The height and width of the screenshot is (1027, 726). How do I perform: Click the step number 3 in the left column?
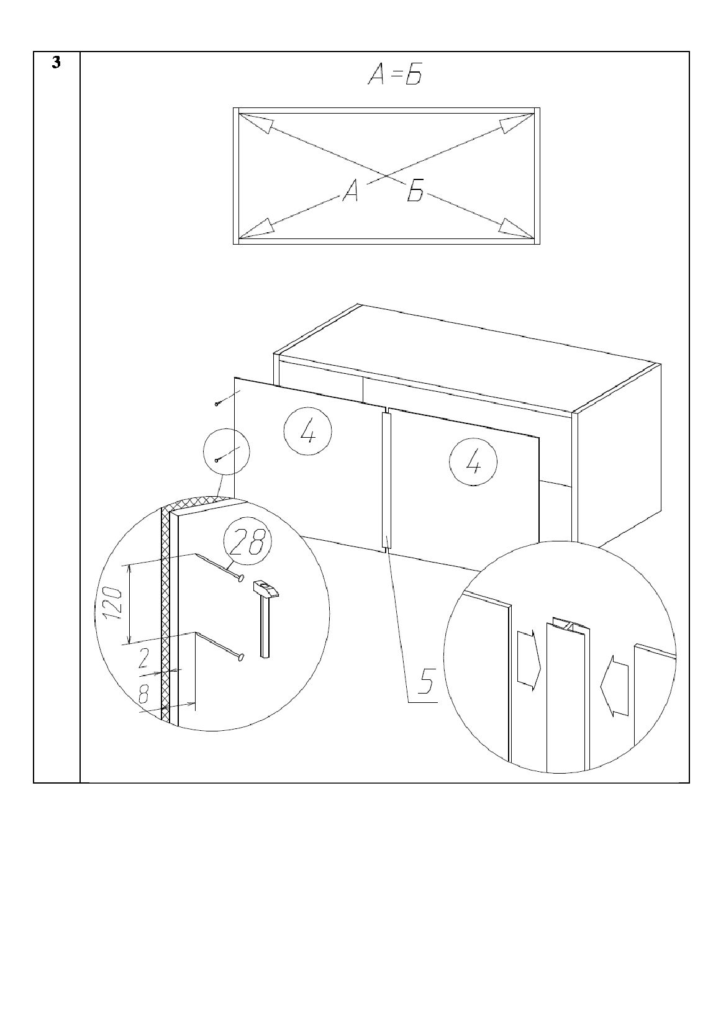coord(56,63)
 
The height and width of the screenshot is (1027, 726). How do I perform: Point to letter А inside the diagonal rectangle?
coord(351,190)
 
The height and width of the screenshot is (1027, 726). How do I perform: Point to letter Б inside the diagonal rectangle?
coord(415,190)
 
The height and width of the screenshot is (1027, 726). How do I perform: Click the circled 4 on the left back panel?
coord(308,432)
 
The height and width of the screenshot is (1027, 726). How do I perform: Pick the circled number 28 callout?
coord(247,543)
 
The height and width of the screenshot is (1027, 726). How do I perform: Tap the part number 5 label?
coord(426,682)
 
